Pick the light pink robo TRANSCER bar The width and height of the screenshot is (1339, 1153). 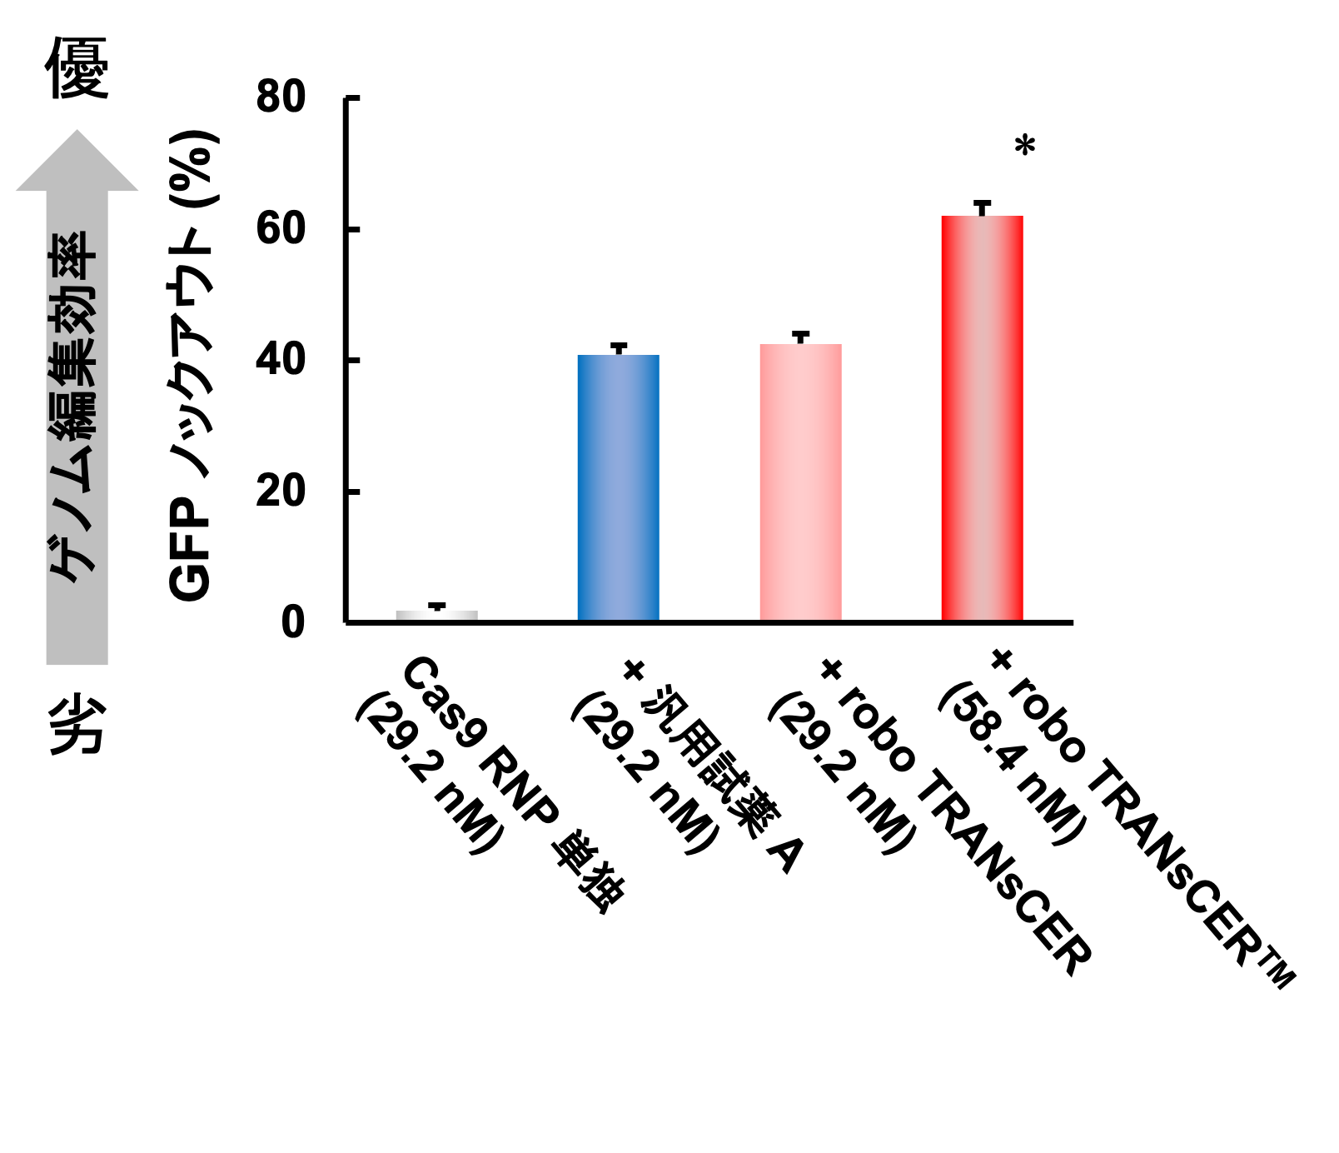(x=800, y=482)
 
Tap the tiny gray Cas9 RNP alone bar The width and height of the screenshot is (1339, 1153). (x=436, y=616)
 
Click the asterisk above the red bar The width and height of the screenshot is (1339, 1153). (x=1025, y=147)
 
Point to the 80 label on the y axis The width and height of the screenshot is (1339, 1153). (x=281, y=97)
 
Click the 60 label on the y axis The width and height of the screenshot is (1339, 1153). (x=281, y=229)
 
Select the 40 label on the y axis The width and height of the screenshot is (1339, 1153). (x=281, y=361)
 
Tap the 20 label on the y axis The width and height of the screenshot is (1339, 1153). (x=281, y=492)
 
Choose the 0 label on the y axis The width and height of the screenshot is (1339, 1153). (x=292, y=622)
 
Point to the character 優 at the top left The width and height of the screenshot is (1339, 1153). (x=77, y=68)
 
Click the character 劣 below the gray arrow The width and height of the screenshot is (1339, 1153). (x=77, y=725)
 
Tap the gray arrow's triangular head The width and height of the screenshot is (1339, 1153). (x=77, y=163)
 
